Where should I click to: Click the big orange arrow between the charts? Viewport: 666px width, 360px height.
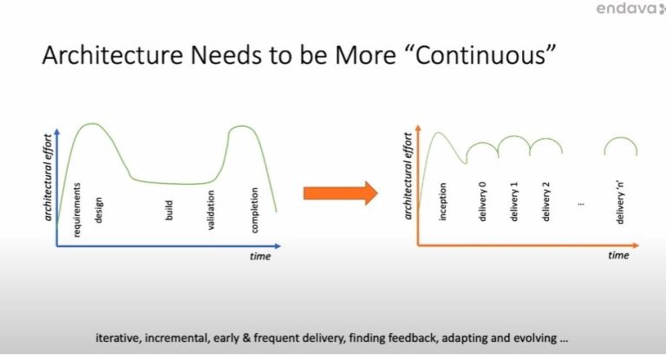pos(340,193)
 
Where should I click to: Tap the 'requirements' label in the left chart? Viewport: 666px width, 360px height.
pos(77,210)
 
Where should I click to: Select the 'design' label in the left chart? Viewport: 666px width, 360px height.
pos(98,210)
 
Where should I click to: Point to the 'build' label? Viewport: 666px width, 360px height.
pos(168,211)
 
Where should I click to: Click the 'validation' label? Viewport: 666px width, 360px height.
pos(211,210)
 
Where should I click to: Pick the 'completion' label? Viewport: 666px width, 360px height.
pos(254,211)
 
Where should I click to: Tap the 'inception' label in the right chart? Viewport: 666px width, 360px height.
pos(442,201)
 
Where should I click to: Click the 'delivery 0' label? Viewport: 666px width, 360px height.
pos(482,201)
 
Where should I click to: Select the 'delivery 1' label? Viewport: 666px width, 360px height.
pos(514,201)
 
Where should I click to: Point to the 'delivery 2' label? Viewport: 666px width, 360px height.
pos(545,201)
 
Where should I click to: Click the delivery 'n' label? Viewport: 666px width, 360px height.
pos(620,201)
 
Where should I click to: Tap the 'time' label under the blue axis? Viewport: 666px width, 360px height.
pos(260,256)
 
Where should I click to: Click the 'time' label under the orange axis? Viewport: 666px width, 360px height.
pos(618,255)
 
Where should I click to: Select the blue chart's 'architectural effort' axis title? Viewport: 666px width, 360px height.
pos(48,178)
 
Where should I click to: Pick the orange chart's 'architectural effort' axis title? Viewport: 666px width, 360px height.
pos(408,176)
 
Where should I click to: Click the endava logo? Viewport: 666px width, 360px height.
pos(630,8)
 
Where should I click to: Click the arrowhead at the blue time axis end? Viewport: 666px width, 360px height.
pos(277,246)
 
